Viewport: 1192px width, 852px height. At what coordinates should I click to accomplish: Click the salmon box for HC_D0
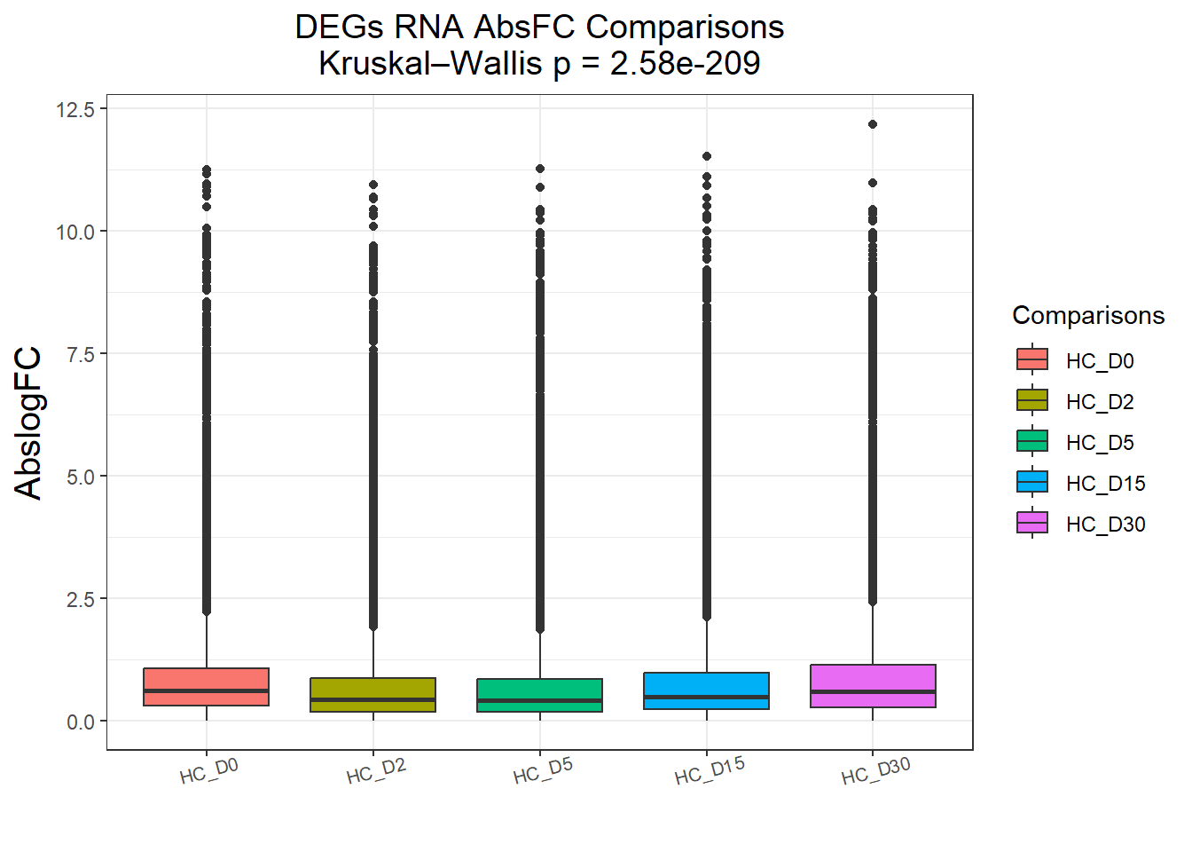coord(206,686)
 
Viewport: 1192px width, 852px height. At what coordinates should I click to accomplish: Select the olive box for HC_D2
coord(372,694)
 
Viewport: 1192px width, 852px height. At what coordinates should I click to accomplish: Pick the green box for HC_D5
coord(539,695)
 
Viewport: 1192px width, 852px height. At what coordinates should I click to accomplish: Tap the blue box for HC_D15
coord(706,690)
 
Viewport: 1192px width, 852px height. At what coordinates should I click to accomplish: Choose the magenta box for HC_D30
coord(873,685)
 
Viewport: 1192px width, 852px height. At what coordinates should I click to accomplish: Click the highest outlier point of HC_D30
coord(873,124)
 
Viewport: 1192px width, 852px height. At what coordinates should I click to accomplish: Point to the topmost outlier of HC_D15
coord(707,156)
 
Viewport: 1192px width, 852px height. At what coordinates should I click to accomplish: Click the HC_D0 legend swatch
coord(1032,359)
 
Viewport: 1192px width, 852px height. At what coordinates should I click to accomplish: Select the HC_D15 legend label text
coord(1105,484)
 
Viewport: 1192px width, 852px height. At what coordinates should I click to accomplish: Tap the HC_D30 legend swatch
coord(1032,523)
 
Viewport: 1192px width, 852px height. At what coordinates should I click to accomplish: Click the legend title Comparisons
coord(1088,316)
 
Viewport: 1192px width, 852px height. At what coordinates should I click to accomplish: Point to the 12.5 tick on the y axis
coord(75,109)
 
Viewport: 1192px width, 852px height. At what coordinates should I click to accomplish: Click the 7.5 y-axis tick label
coord(81,354)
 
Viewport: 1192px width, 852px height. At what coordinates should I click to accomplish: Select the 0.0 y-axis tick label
coord(81,722)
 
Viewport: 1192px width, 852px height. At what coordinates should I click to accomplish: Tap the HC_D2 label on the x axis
coord(376,771)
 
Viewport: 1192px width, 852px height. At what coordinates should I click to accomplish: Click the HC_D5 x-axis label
coord(543,770)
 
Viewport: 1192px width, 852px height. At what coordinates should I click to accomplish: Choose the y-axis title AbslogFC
coord(28,422)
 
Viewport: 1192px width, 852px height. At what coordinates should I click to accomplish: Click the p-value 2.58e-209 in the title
coord(685,64)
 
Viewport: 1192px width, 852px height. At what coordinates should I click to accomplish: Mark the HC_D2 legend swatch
coord(1032,400)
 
